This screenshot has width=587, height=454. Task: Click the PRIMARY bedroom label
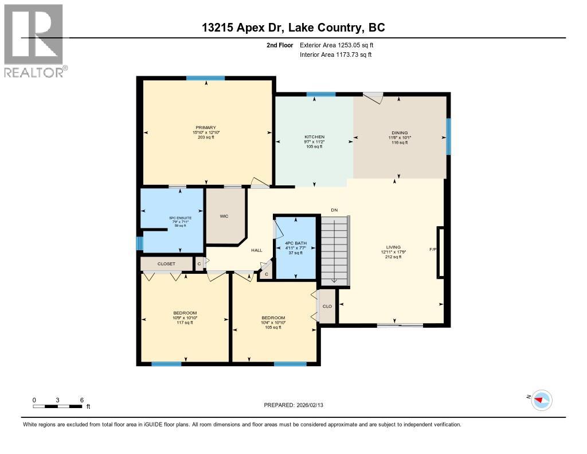[206, 127]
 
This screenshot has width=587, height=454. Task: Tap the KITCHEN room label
[314, 137]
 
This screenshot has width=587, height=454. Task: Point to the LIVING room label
[393, 247]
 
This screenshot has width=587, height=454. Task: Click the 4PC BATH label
[296, 243]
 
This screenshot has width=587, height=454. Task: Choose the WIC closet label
[224, 216]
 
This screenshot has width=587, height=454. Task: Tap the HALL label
[256, 250]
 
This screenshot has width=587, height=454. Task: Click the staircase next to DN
[335, 250]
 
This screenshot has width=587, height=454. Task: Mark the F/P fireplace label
[433, 250]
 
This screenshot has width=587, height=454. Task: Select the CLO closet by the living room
[327, 306]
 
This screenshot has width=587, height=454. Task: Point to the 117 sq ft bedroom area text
[184, 323]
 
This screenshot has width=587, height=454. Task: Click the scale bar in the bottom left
[57, 406]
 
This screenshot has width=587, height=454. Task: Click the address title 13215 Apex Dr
[293, 27]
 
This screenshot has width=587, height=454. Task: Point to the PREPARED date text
[297, 405]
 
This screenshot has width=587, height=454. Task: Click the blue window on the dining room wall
[448, 136]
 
